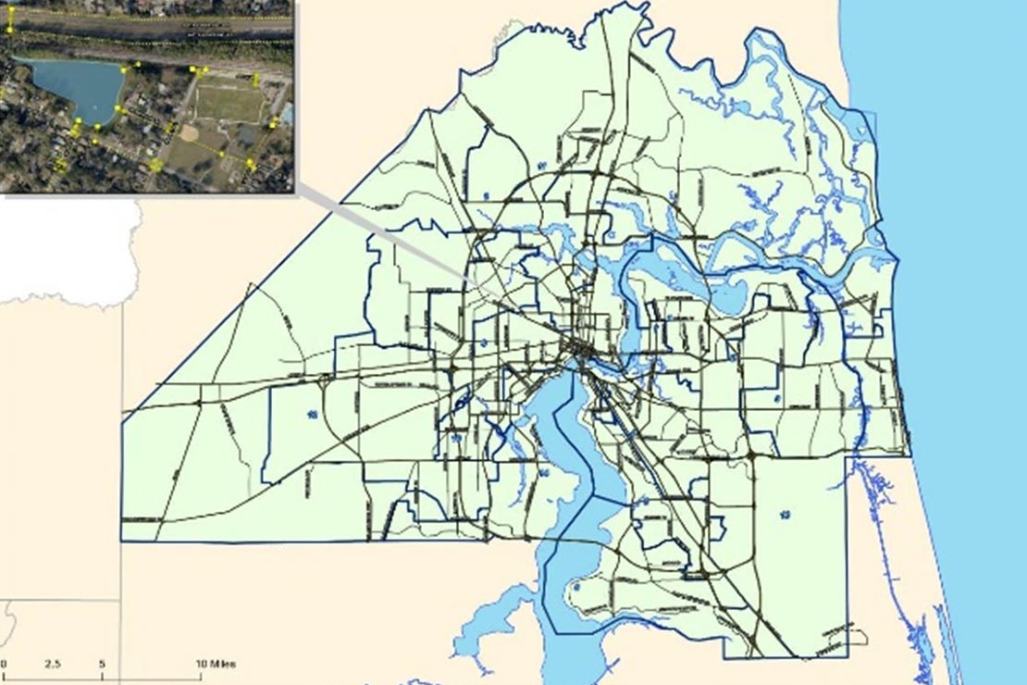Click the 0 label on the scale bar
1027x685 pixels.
click(4, 664)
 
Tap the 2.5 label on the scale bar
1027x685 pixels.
click(52, 664)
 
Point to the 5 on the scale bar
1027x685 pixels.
click(102, 664)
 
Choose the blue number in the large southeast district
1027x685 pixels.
click(785, 515)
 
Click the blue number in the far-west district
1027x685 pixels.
click(312, 413)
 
